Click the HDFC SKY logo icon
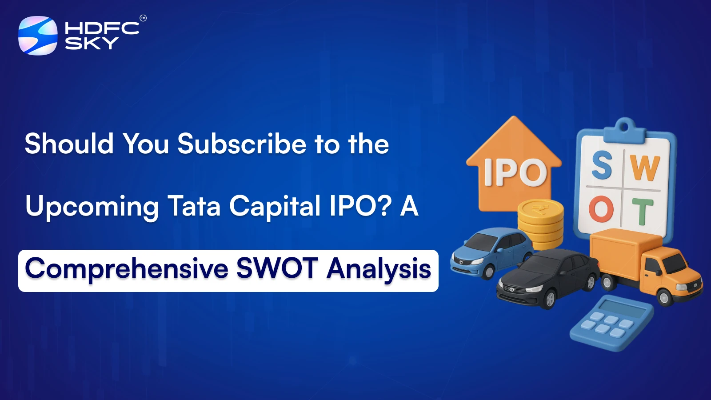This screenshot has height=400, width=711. tap(38, 36)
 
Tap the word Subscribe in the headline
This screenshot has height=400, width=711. tap(242, 144)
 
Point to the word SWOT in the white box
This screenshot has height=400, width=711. tap(277, 269)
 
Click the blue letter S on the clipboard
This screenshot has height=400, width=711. tap(602, 165)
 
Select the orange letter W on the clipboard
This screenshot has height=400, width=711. tap(645, 168)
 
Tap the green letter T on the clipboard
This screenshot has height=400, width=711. tap(643, 212)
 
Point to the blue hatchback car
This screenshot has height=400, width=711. tap(491, 252)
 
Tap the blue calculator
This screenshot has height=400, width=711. tap(611, 323)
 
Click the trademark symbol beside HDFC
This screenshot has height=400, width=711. tap(143, 18)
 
